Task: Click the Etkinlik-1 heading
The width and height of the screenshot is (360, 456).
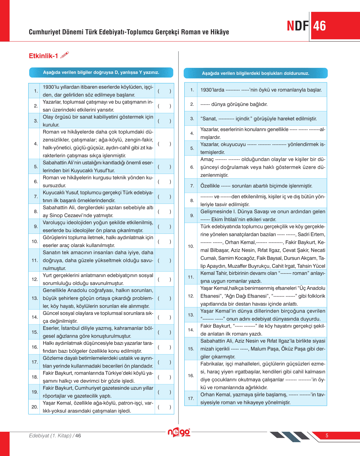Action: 43,56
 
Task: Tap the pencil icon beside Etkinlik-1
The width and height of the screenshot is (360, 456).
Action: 65,55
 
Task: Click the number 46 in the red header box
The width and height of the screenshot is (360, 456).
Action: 320,26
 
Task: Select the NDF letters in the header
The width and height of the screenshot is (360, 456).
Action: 298,26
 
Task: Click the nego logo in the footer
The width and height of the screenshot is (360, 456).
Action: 179,432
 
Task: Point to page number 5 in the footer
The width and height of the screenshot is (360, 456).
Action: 327,436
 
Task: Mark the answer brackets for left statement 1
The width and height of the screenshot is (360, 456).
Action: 164,91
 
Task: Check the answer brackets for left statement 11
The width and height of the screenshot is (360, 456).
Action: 164,260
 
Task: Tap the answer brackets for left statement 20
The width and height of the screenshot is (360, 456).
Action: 164,407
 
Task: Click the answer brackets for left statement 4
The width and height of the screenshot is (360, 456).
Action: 164,144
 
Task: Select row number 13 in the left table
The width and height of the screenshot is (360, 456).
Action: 35,298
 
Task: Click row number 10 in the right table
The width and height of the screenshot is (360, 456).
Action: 191,246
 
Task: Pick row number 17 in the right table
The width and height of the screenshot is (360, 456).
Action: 191,398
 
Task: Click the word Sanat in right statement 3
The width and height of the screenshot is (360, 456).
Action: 209,119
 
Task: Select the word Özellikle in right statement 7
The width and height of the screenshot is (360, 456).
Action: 210,186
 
